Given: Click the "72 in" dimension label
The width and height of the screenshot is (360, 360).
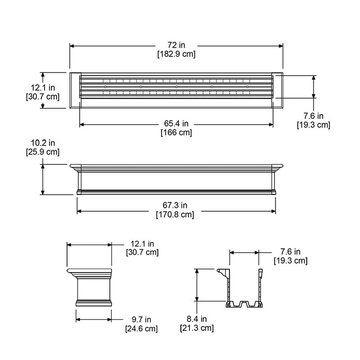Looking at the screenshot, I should point(176,45).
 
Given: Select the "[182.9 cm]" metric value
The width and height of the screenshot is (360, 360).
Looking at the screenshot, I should point(176,54).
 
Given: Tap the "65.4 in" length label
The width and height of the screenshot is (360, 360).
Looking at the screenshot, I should point(176,124).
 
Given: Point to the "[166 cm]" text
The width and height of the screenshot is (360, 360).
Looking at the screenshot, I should point(176,132).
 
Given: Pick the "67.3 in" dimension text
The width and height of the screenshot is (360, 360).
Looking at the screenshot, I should point(176,206).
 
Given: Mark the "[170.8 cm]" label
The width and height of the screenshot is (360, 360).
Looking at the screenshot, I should point(176,214).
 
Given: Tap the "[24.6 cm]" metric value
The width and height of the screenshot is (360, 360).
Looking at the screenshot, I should point(141,328).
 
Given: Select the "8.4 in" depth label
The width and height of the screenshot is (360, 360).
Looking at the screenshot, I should point(196,319).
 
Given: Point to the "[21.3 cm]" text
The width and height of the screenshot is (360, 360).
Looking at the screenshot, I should point(196,328).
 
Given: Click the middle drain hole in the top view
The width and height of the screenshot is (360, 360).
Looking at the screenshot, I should point(176,86).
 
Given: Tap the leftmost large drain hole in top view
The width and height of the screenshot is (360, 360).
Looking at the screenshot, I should point(105,86).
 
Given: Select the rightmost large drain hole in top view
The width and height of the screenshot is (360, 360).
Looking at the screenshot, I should point(247,86).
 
